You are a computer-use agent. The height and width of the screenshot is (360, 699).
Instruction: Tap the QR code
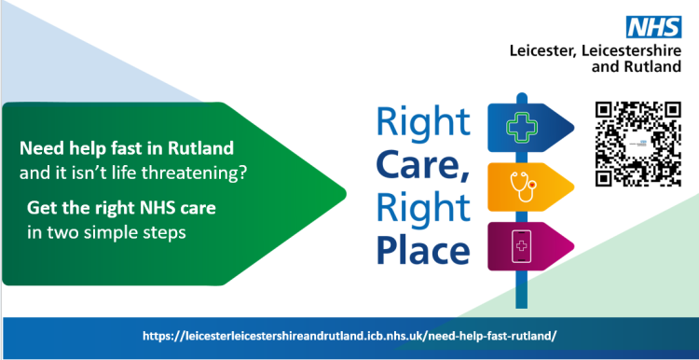point(637,143)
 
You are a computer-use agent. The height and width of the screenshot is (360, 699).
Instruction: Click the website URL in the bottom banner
point(349,335)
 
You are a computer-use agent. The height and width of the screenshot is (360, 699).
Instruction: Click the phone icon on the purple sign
point(518,247)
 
